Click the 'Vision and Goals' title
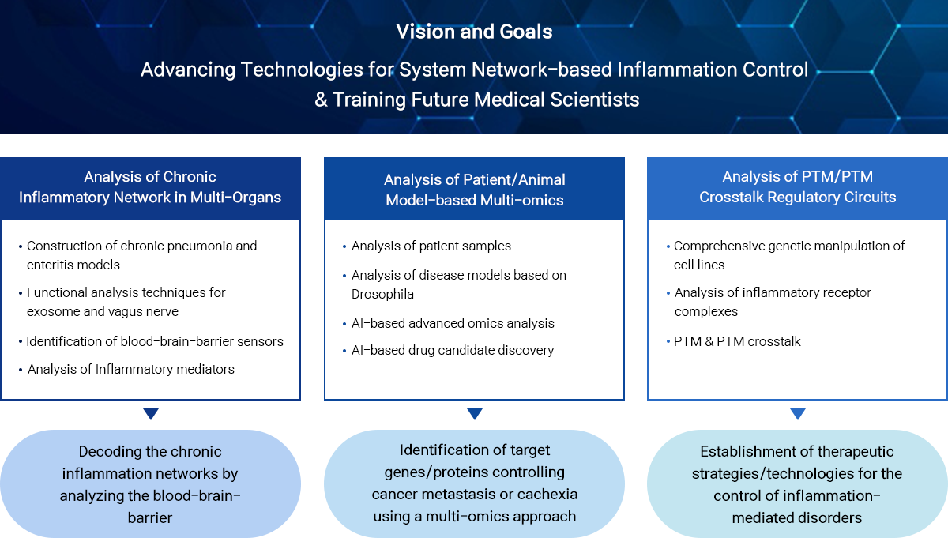coord(474,32)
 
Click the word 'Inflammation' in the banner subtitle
coord(677,70)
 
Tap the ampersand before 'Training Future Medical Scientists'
coord(321,100)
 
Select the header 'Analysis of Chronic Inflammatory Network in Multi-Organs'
coord(150,187)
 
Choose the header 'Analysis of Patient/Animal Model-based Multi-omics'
coord(475,190)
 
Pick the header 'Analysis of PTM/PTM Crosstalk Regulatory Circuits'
coord(797,186)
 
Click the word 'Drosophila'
coord(382,294)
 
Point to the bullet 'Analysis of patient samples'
coord(431,246)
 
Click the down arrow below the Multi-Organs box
coord(151,413)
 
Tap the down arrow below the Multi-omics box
coord(475,413)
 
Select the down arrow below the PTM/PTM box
coord(798,413)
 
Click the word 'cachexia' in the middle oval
coord(546,495)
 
